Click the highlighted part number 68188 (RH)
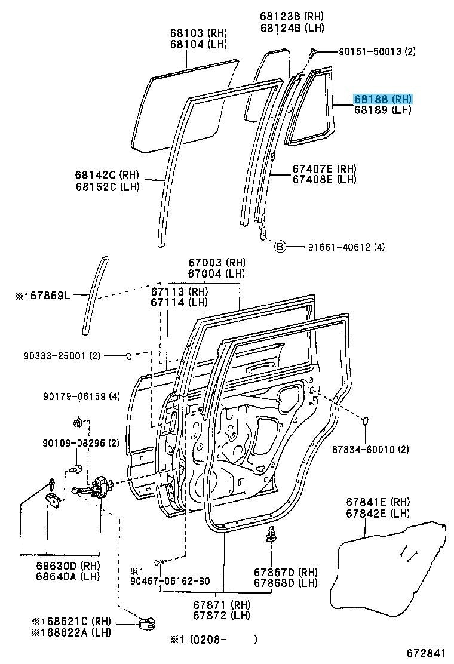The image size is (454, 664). (x=383, y=99)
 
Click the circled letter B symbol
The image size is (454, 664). (x=280, y=246)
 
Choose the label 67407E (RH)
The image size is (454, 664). (x=324, y=169)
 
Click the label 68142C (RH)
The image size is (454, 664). (x=106, y=175)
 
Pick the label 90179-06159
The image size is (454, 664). (x=73, y=396)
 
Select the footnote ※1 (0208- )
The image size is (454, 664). (x=195, y=640)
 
